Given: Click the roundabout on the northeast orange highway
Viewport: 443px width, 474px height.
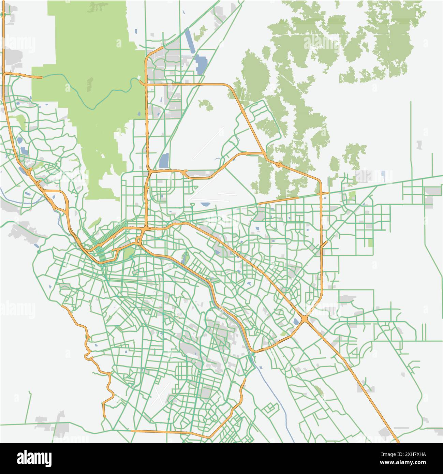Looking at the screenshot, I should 279,165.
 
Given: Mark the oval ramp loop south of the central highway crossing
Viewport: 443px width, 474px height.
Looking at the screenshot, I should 139,241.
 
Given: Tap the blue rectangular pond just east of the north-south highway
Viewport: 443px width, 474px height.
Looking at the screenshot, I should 164,161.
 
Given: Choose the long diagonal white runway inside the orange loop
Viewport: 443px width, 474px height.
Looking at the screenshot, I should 208,143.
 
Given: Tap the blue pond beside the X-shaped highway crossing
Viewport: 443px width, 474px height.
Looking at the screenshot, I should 295,321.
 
